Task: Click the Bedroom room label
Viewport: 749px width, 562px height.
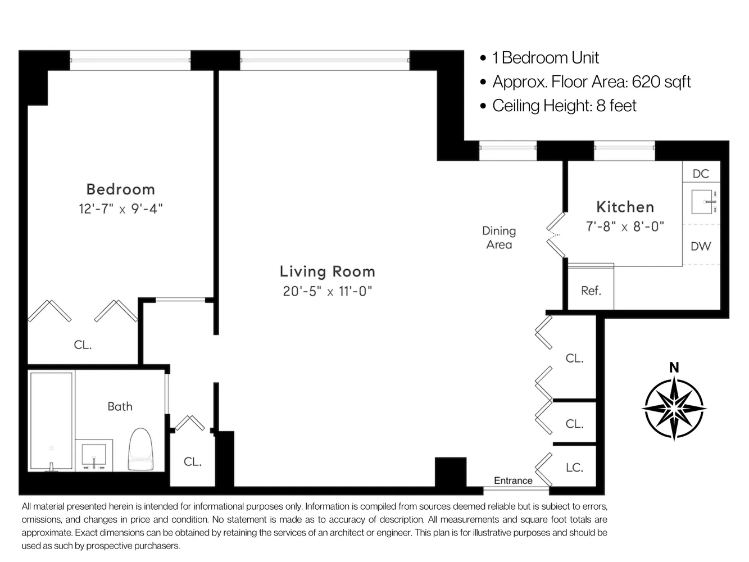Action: click(x=120, y=189)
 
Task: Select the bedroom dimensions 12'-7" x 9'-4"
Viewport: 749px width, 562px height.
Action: click(x=120, y=209)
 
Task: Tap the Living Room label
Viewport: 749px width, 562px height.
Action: click(x=327, y=271)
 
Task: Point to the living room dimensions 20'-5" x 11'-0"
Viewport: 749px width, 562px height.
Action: click(x=327, y=291)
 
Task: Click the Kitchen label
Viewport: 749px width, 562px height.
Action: click(x=625, y=207)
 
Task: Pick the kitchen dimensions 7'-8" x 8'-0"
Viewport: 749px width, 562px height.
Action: click(x=625, y=226)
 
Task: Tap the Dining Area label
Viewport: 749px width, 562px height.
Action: click(x=499, y=237)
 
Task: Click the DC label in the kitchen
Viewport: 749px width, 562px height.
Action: click(x=701, y=174)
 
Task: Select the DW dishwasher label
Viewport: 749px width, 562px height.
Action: click(x=701, y=246)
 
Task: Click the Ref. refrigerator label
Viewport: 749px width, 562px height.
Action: click(x=591, y=291)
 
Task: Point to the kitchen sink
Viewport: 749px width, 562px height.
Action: click(x=703, y=201)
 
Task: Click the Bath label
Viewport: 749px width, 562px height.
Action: click(x=120, y=406)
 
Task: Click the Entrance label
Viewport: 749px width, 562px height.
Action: click(x=513, y=481)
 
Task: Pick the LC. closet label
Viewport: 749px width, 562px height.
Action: click(x=574, y=467)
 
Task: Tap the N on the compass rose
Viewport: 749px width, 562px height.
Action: click(x=674, y=368)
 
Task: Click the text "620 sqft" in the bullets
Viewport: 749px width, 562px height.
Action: click(x=661, y=82)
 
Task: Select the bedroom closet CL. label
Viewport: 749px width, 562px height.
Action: click(x=83, y=345)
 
